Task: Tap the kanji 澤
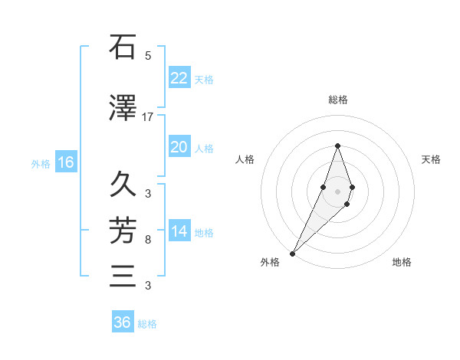coord(123,110)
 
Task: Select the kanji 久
coord(123,185)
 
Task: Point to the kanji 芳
coord(123,229)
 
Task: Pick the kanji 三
coord(123,275)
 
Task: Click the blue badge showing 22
coord(179,78)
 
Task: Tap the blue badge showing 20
coord(179,147)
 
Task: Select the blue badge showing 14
coord(179,231)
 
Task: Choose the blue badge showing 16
coord(66,162)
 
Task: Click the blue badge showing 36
coord(123,322)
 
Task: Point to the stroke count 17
coord(148,117)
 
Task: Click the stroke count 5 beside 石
coord(148,55)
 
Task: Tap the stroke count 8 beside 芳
coord(148,240)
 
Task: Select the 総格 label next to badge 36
coord(147,324)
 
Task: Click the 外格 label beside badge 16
coord(41,163)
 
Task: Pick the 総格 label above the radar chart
coord(337,100)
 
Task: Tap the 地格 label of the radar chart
coord(402,263)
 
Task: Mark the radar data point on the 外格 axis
coord(292,253)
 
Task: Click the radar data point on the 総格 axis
coord(337,146)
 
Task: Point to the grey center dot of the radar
coord(337,191)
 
